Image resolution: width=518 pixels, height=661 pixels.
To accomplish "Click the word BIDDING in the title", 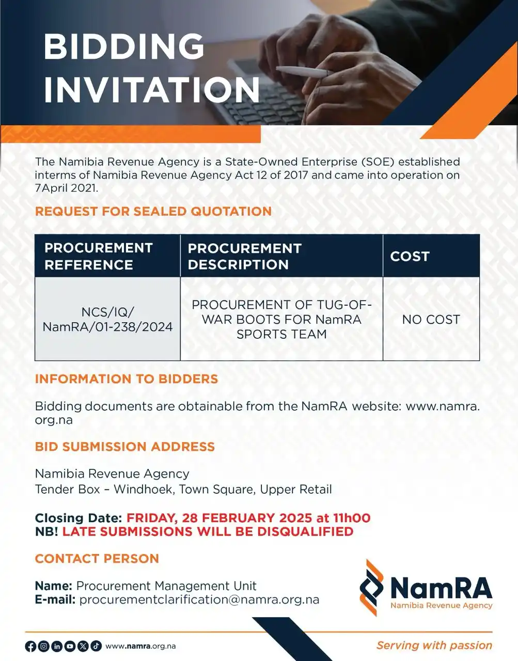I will [x=124, y=46].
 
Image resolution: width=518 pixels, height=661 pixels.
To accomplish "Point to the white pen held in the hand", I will [x=302, y=72].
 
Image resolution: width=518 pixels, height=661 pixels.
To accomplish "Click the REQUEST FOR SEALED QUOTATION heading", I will [x=153, y=211].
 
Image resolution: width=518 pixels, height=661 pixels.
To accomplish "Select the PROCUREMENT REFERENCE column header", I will [x=99, y=256].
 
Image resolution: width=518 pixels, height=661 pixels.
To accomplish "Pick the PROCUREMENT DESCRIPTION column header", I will [x=244, y=256].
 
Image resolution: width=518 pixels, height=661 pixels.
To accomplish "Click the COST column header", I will [x=410, y=256].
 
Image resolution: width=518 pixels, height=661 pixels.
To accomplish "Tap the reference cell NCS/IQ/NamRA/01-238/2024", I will [x=107, y=319].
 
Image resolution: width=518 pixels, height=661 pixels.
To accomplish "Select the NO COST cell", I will [x=431, y=320].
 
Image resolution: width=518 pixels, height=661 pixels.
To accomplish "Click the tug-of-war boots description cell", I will [x=281, y=319].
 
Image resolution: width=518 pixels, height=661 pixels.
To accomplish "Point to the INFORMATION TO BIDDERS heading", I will [x=127, y=379].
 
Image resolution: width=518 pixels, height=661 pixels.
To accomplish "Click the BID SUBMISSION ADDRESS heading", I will [x=124, y=447].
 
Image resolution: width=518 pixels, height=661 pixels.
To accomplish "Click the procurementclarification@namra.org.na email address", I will [x=199, y=600].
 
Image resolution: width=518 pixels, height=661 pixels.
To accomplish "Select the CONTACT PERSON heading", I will [x=97, y=558].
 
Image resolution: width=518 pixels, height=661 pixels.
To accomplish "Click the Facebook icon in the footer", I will [x=30, y=646].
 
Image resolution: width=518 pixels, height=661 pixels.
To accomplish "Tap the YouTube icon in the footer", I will [x=70, y=646].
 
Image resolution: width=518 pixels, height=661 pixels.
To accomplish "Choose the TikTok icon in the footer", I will [x=96, y=646].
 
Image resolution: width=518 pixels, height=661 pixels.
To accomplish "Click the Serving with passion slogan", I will [x=434, y=646].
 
